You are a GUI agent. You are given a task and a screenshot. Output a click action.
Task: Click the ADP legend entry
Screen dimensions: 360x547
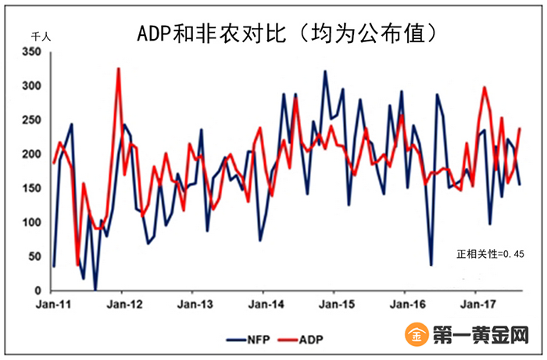coord(300,340)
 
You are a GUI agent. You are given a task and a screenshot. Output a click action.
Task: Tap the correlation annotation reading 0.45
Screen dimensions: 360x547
coord(490,254)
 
